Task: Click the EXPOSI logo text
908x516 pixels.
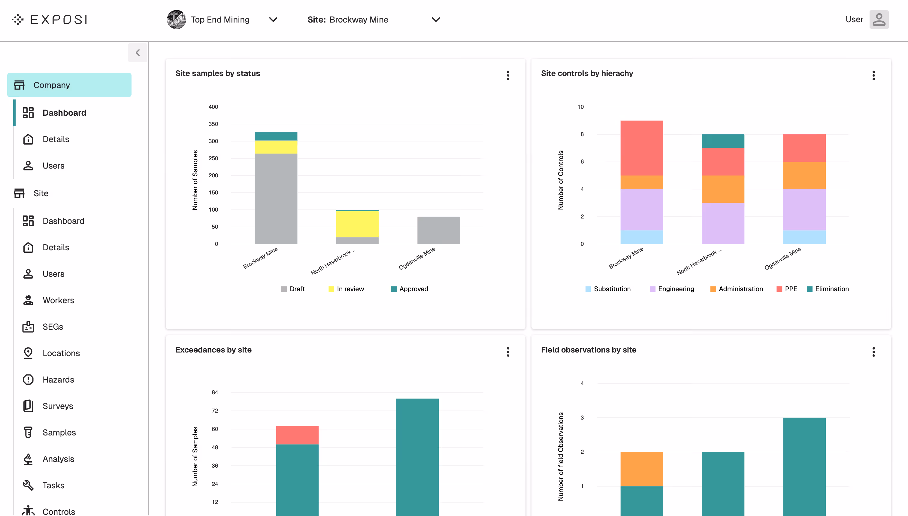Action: (59, 20)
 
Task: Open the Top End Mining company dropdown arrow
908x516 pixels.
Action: (273, 20)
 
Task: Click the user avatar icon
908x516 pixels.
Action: (879, 20)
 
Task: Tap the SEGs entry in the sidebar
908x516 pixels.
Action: (53, 327)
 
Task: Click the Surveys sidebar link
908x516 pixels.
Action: (58, 406)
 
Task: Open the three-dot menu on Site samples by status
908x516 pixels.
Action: (508, 75)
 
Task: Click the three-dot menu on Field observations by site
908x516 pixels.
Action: (873, 352)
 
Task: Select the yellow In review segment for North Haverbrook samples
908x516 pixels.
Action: (357, 224)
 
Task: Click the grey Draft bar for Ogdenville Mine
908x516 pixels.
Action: (438, 231)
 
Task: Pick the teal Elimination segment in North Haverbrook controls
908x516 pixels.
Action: (723, 141)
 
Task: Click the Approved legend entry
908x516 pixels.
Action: (410, 289)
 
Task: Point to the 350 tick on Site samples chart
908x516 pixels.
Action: (213, 124)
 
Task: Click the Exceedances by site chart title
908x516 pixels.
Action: (213, 350)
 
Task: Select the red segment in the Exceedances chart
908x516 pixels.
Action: (297, 435)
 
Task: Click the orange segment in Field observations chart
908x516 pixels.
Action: (641, 469)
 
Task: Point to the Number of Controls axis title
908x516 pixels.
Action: (560, 180)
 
